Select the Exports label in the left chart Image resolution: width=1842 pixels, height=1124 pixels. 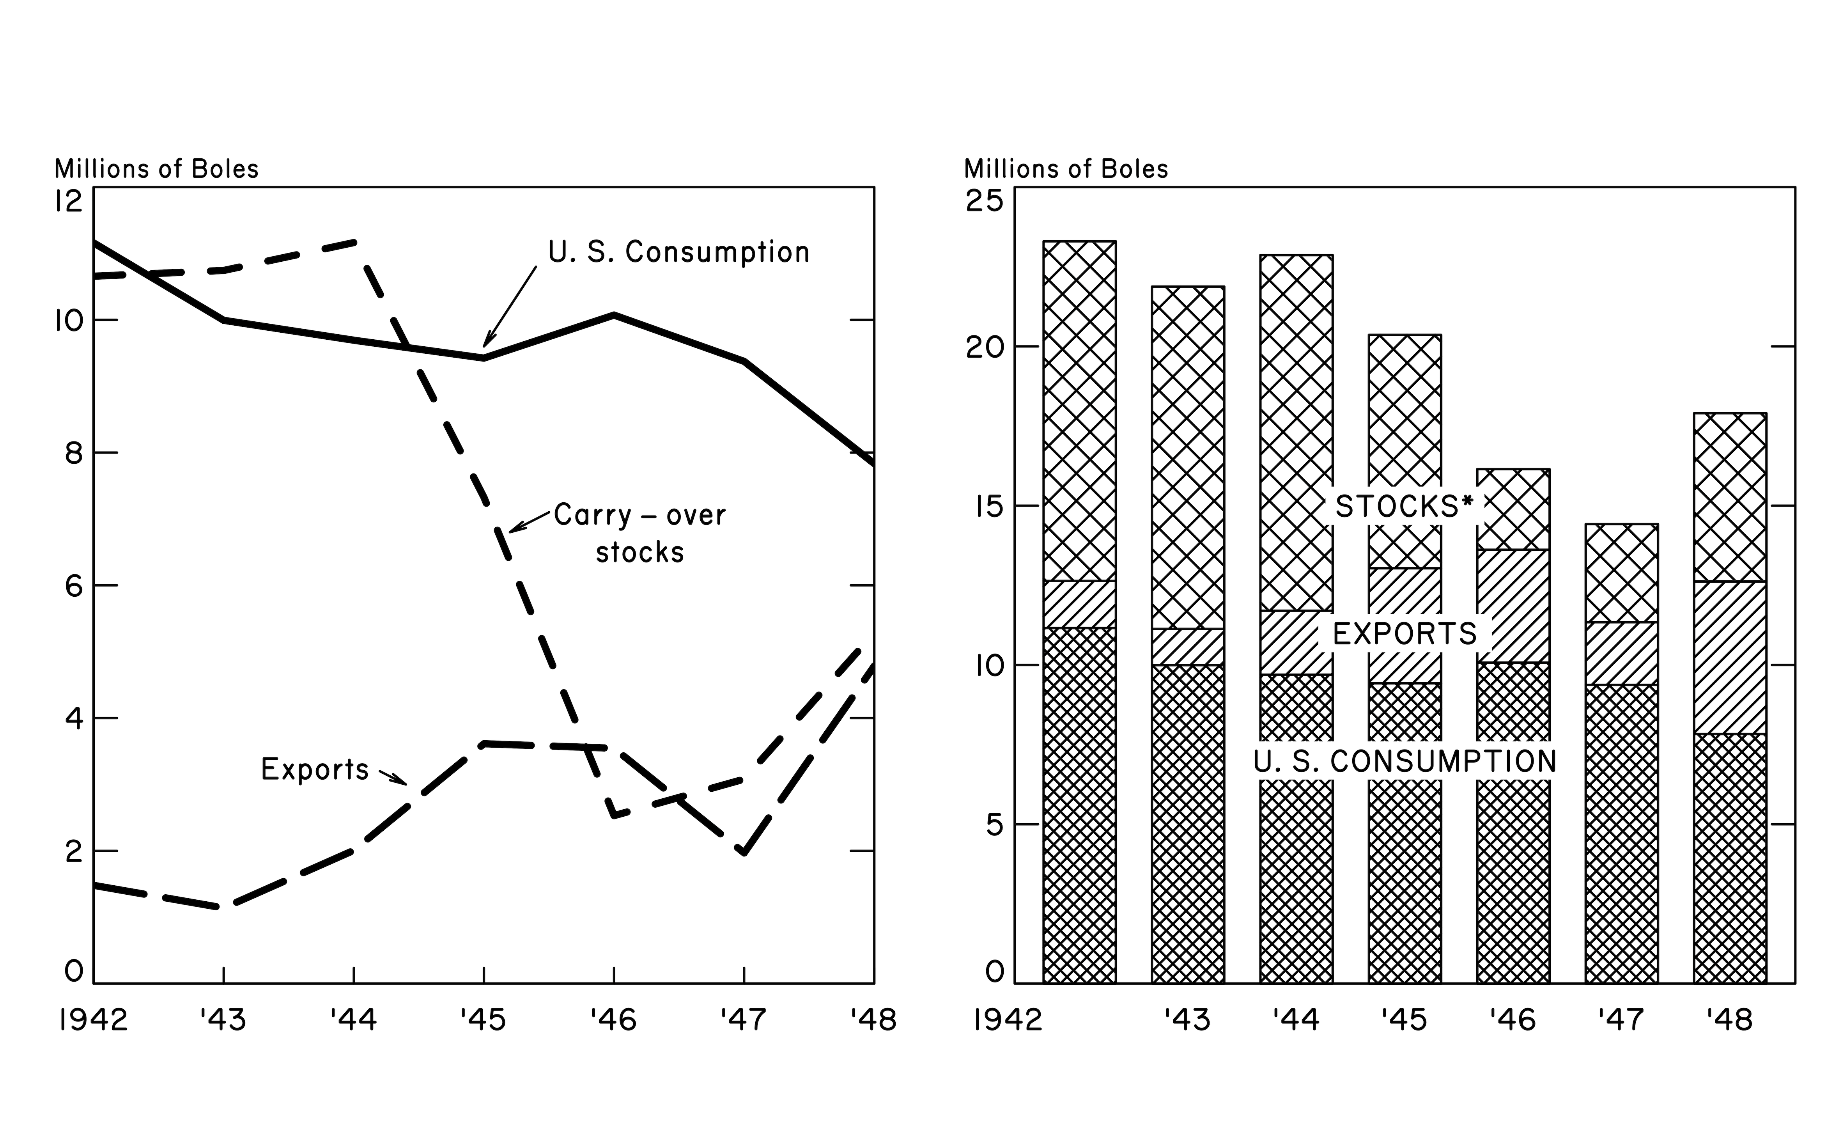click(315, 769)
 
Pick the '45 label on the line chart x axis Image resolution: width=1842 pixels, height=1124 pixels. click(483, 1019)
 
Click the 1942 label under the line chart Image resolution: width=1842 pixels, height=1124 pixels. click(94, 1019)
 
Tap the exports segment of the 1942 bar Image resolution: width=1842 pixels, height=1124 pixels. click(1079, 604)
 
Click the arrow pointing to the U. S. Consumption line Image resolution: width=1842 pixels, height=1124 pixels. click(510, 307)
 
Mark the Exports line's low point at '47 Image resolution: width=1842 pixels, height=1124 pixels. click(744, 851)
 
